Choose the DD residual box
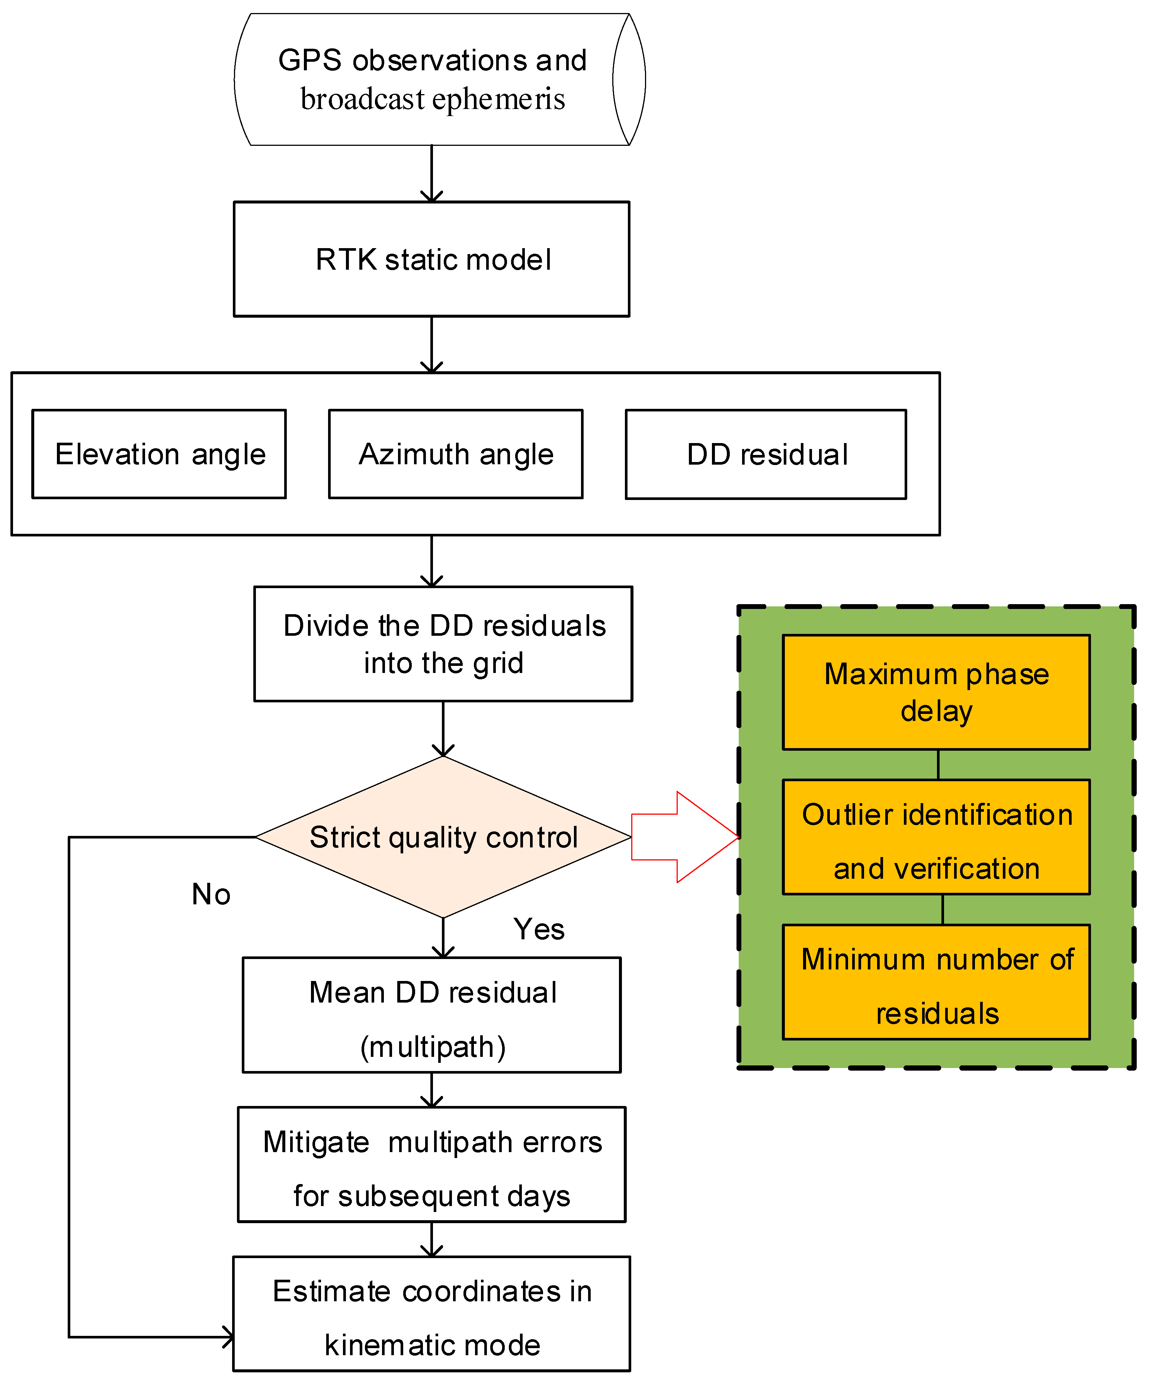(x=766, y=455)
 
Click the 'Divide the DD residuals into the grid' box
(x=443, y=644)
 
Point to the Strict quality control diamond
(x=443, y=837)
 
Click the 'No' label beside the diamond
(x=211, y=894)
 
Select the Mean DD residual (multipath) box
(x=432, y=1015)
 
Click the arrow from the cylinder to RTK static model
(x=432, y=174)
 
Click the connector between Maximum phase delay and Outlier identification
(x=938, y=765)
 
